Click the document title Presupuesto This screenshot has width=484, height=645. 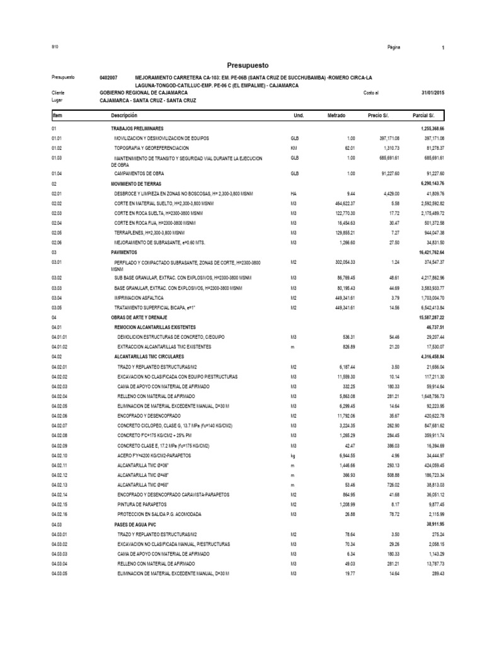[247, 65]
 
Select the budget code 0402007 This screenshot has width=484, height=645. [108, 77]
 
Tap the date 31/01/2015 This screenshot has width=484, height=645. [432, 93]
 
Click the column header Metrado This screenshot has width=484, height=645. [337, 116]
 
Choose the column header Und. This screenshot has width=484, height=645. [298, 116]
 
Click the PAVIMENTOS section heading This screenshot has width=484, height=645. [124, 251]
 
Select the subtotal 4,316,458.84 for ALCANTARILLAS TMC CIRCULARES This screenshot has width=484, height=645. [427, 356]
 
